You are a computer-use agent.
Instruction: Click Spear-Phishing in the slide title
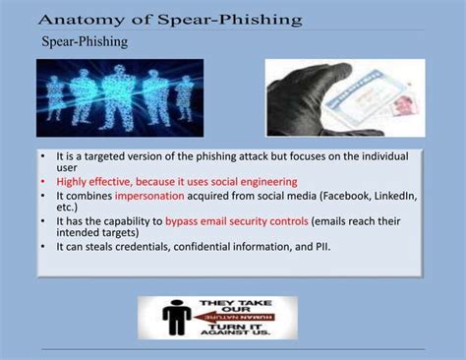tap(231, 19)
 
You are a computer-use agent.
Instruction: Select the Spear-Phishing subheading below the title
tap(84, 42)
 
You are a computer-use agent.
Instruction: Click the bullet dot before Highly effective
tap(44, 182)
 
